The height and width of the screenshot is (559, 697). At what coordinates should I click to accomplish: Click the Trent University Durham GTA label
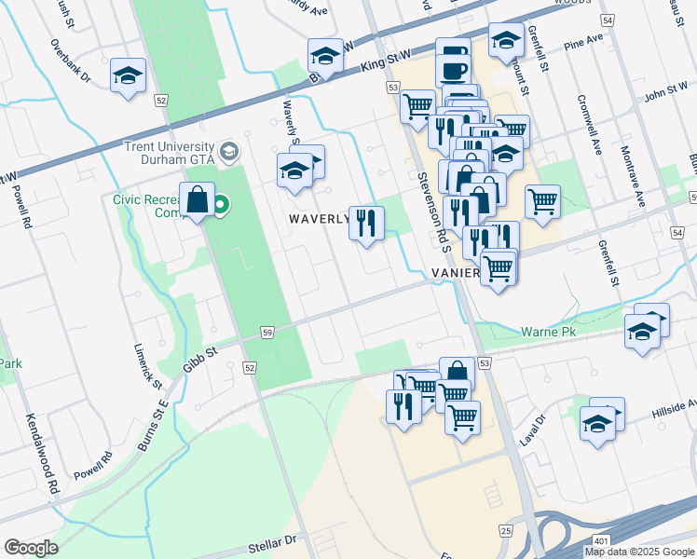pos(168,153)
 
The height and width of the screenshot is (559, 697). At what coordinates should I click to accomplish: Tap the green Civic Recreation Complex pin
pos(221,204)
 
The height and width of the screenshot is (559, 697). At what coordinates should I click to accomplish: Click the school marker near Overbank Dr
pos(128,75)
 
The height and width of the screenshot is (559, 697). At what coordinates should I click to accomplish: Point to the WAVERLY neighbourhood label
pos(316,220)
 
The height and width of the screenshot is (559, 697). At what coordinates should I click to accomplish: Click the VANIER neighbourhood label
pos(456,273)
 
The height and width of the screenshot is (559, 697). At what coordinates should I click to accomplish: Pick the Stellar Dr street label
pos(270,539)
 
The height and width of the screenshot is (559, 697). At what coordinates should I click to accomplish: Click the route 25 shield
pos(506,530)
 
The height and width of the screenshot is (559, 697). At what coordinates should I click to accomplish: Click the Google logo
pos(31,548)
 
